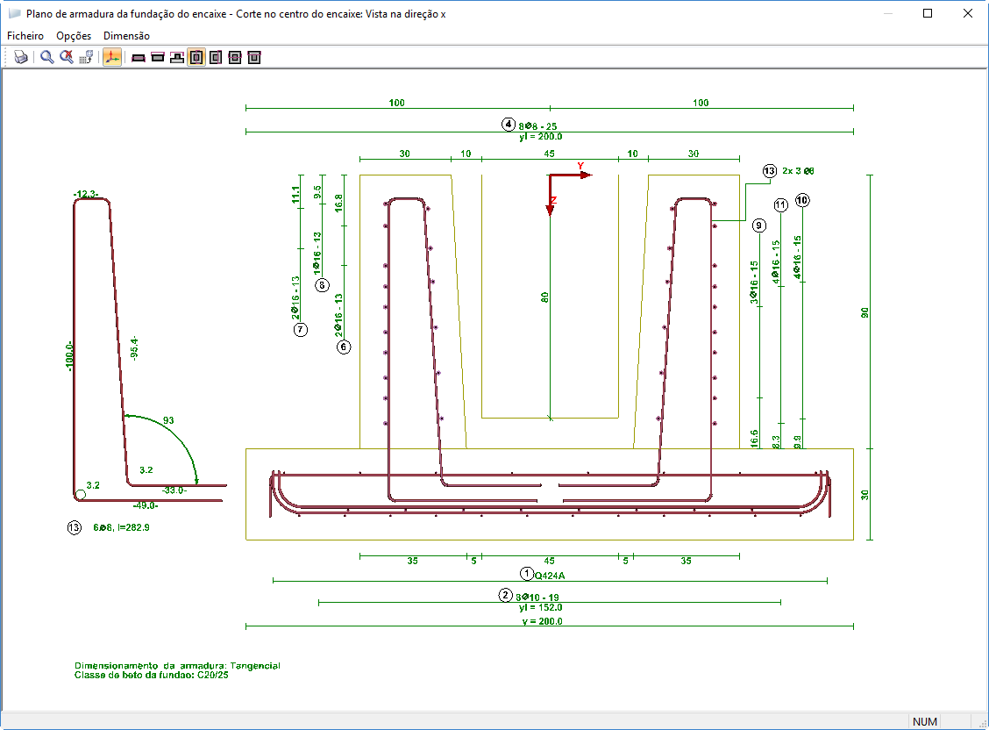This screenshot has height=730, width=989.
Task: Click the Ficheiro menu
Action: coord(25,36)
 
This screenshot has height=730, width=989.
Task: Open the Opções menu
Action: coord(74,36)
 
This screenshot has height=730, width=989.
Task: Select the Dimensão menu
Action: coord(126,36)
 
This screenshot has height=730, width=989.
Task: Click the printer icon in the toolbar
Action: coord(21,58)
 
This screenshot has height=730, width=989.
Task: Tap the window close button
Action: coord(968,14)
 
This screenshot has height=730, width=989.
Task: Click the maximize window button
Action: coord(928,14)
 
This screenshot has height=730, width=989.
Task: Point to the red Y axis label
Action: coord(580,166)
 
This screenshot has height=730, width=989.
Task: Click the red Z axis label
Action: coord(553,200)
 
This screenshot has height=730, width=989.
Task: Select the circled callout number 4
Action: coord(509,124)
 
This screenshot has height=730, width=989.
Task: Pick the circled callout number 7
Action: coord(301,330)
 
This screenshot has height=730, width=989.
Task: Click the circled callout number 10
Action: coord(803,200)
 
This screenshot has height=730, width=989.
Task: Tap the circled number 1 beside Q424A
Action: coord(527,574)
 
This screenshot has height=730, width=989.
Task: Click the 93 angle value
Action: coord(168,421)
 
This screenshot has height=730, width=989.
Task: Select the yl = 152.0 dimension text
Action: coord(540,607)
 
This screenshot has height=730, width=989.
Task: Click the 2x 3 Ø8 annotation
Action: coord(804,171)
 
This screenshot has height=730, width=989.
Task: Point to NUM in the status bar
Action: coord(925,721)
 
